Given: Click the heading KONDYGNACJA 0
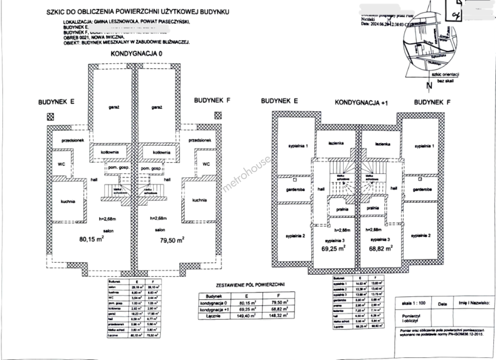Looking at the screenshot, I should [x=136, y=53].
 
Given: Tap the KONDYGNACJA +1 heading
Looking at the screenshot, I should [x=361, y=103].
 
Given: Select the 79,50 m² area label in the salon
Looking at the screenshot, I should [x=172, y=240].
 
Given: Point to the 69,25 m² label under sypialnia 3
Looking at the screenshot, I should [x=333, y=248].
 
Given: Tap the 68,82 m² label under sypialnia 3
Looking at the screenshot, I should [x=381, y=248].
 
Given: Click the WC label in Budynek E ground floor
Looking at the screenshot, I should [x=61, y=164].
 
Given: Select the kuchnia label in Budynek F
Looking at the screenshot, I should [x=199, y=200].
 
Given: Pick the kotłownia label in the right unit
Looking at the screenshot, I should [x=162, y=153].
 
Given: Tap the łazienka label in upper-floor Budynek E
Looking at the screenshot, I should [x=336, y=143].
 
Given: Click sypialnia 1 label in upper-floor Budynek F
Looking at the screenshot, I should [x=424, y=146].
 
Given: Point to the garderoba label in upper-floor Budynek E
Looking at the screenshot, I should [x=295, y=189].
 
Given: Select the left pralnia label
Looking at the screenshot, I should [x=342, y=209].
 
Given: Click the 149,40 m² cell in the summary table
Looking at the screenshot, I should [x=247, y=316].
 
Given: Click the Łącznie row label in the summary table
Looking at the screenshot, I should [x=214, y=316].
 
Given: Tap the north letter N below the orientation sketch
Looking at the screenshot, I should [x=429, y=86].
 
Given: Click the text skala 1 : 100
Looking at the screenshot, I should [x=414, y=303].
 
